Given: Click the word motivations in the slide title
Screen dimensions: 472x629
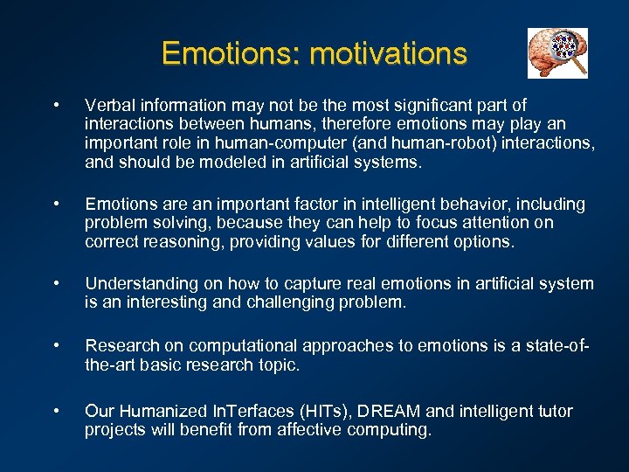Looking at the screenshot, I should point(388,54).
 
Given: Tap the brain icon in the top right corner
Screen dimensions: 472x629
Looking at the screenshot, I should point(557,53).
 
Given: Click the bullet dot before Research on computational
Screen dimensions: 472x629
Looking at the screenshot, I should point(56,346).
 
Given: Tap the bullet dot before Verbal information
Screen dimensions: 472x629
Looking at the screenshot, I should point(56,107).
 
